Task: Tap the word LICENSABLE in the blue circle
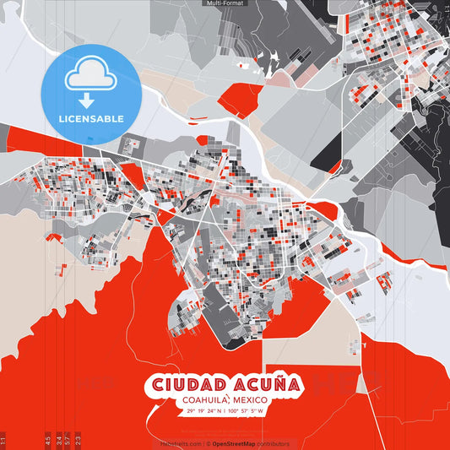click(90, 117)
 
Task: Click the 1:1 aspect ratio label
click(5, 440)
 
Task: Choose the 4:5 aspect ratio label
click(47, 440)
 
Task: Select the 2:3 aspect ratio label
click(78, 440)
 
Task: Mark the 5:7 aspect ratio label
click(68, 440)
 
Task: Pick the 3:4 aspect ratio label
click(57, 440)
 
